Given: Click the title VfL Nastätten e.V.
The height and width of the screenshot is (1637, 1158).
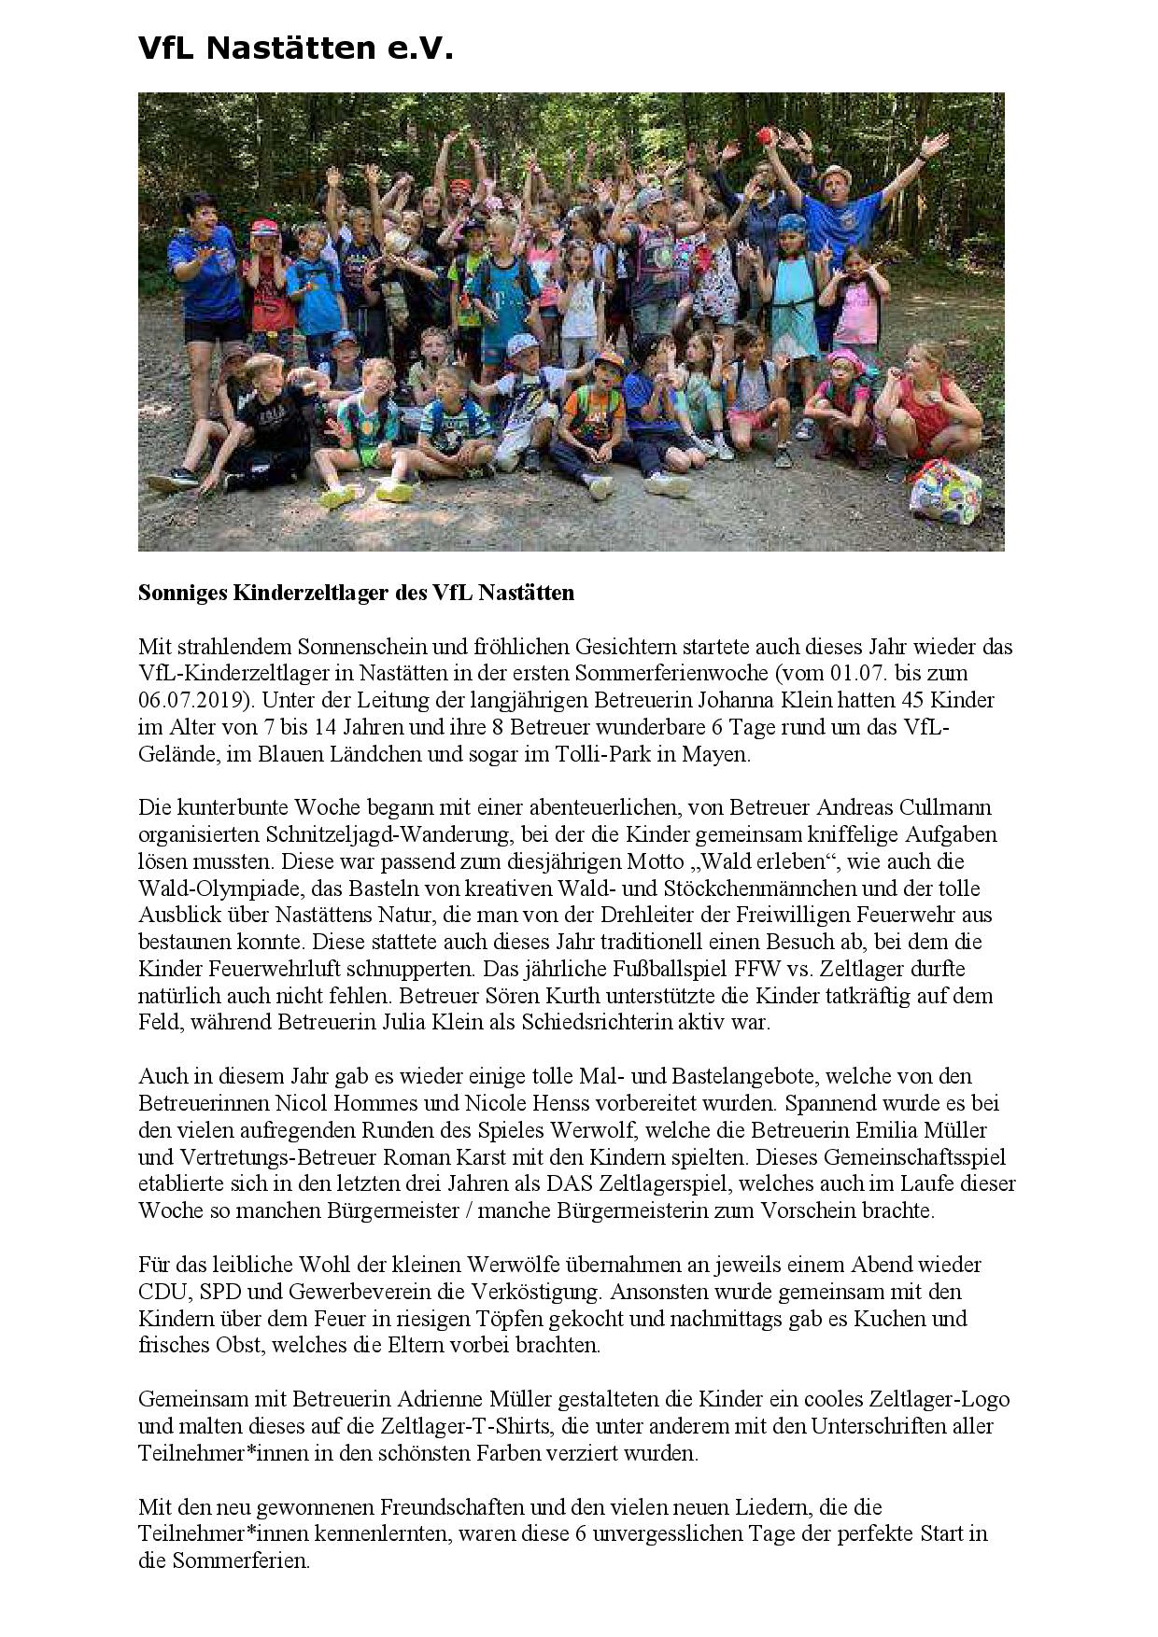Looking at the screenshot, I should coord(295,48).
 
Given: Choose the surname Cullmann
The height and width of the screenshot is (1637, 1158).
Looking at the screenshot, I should coord(945,806).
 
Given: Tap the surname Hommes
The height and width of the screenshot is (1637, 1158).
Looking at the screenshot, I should coord(347,1103).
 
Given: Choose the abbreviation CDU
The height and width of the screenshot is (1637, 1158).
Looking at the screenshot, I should coord(162,1292).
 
